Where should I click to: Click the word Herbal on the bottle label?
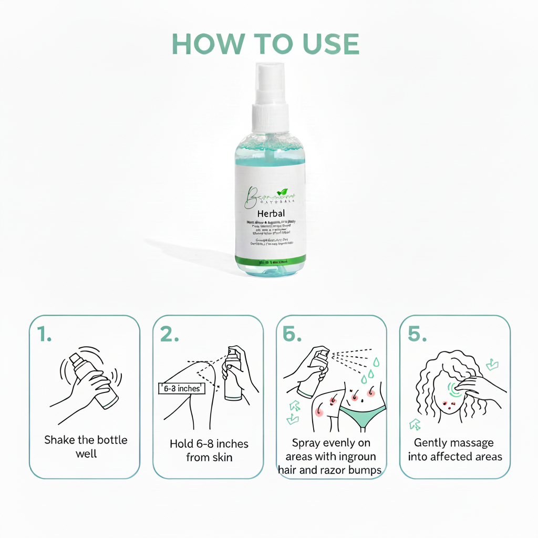click(x=271, y=214)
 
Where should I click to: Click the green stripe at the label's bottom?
click(x=270, y=260)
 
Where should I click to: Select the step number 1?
click(x=45, y=335)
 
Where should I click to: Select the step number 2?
click(x=169, y=335)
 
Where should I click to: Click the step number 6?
click(x=292, y=335)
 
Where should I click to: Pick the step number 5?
click(x=417, y=335)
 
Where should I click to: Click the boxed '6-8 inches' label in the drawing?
click(x=181, y=389)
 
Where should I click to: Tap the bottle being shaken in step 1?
click(x=94, y=379)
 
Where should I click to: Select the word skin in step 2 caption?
click(x=221, y=458)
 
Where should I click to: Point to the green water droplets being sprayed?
click(x=371, y=370)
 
